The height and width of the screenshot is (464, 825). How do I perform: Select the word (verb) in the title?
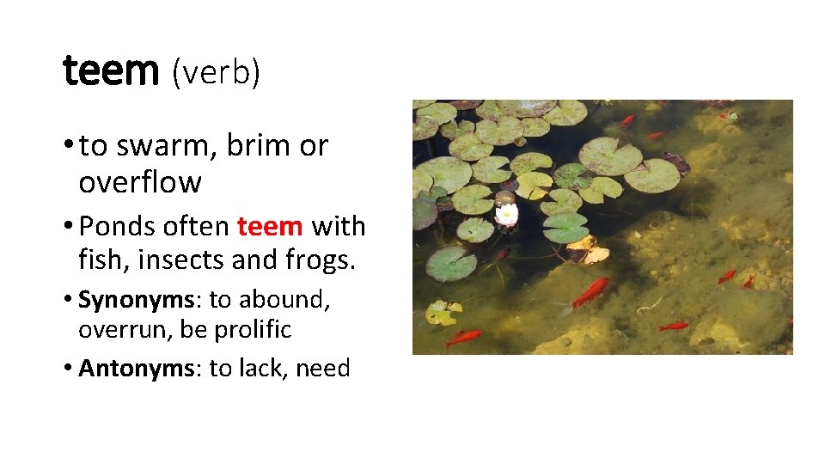coord(216,74)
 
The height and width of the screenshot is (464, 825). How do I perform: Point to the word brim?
coord(260,147)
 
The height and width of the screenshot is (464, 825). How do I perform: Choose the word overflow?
coord(140,182)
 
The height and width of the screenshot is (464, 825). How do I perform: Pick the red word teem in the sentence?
coord(270,227)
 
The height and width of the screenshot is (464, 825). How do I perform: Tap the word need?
coord(323,369)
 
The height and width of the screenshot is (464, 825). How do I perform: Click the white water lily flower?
coord(507,212)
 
